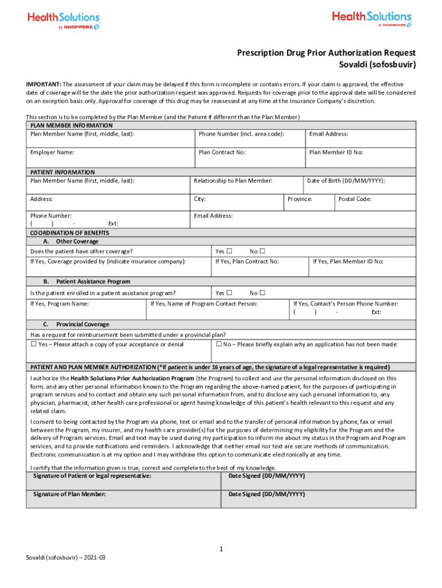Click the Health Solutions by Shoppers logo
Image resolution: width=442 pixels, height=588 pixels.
(x=63, y=21)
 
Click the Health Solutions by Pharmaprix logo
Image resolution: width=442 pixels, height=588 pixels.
(x=371, y=19)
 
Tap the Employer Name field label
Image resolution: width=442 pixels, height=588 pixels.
(x=52, y=153)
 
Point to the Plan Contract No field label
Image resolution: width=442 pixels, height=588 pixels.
(x=222, y=153)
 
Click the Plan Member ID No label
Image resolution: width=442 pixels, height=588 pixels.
(x=336, y=153)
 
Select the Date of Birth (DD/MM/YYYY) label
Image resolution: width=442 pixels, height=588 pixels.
(x=346, y=181)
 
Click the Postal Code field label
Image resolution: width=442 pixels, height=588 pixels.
(x=355, y=199)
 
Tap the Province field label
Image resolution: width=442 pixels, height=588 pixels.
(x=299, y=199)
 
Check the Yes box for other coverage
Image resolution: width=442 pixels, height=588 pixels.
(x=229, y=252)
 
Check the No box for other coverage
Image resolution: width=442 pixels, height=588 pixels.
(x=262, y=252)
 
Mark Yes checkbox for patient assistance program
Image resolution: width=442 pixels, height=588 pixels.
(x=229, y=293)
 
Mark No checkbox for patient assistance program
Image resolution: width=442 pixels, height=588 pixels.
(x=262, y=293)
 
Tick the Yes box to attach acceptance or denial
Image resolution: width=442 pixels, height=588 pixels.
(x=33, y=345)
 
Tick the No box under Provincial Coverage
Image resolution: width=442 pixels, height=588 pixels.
(x=219, y=345)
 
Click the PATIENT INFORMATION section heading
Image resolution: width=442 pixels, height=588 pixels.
(x=63, y=172)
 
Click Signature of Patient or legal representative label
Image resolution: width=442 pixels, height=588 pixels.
(x=92, y=476)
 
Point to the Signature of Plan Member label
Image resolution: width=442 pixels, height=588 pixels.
(x=69, y=494)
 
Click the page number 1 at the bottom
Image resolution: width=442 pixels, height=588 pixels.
(x=221, y=550)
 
